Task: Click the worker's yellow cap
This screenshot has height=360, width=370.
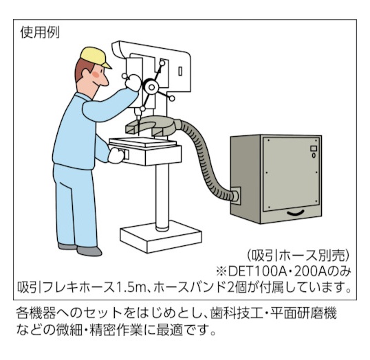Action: coord(94,56)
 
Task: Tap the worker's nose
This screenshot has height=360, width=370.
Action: coord(105,81)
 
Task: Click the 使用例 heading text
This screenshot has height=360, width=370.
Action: coord(40,32)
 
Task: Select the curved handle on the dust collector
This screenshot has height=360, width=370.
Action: coord(296,213)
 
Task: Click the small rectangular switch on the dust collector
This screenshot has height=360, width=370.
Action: coord(314,148)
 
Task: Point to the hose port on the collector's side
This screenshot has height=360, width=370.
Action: coord(235,196)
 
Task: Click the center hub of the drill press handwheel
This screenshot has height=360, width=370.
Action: coord(151,87)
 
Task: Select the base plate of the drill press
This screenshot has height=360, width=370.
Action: coord(161,236)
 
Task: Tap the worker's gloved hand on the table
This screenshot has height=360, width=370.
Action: coord(116,155)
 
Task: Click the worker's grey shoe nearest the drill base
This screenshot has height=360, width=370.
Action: coord(89,251)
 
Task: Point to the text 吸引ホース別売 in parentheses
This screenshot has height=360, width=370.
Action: coord(298,255)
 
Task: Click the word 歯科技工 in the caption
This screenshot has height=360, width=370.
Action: coord(237,313)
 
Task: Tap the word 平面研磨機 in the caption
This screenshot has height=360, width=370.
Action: coord(303,313)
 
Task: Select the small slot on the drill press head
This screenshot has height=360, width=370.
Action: coord(180,71)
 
